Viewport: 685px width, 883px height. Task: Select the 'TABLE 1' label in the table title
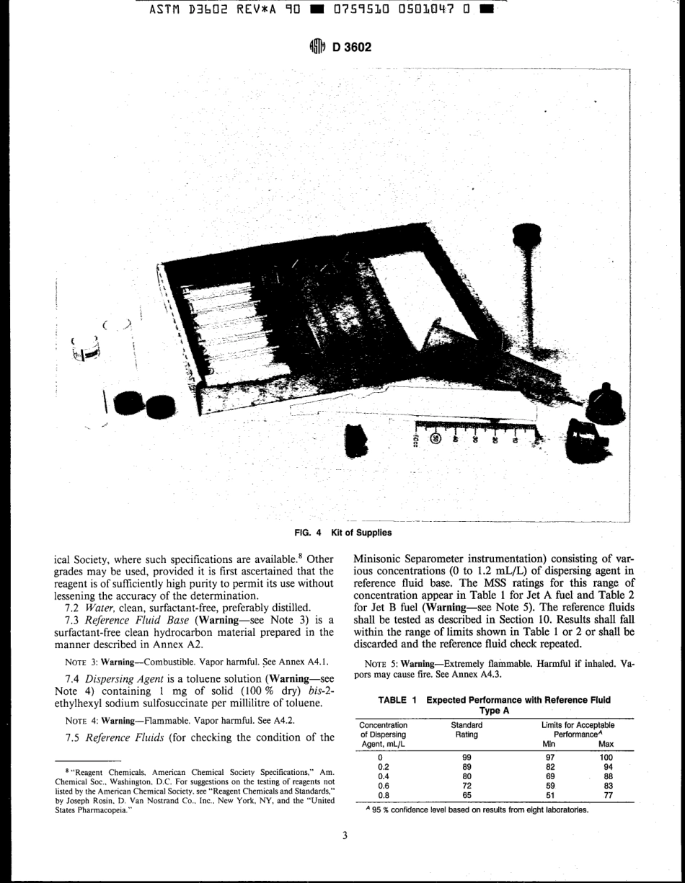pyautogui.click(x=399, y=700)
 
